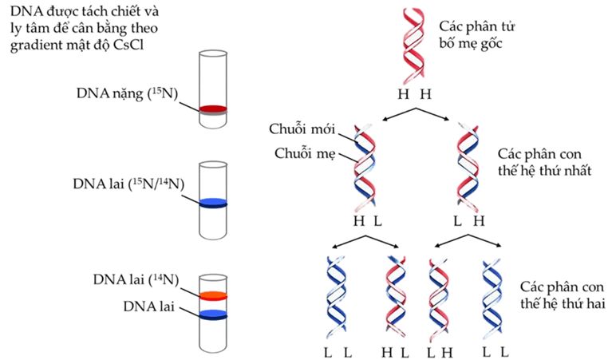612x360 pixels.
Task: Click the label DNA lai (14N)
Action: (134, 279)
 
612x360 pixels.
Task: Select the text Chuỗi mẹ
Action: (302, 152)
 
